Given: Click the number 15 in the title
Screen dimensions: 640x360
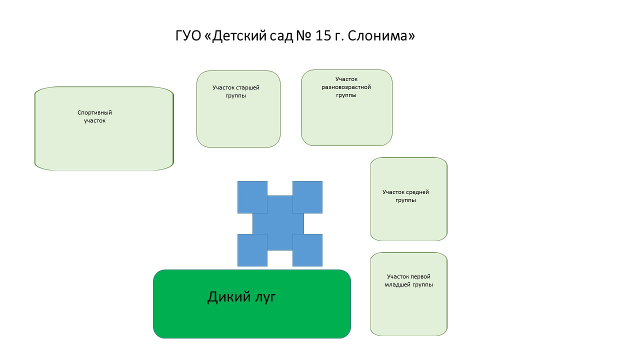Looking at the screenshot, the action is [323, 35].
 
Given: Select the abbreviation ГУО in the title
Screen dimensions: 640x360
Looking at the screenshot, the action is [188, 35].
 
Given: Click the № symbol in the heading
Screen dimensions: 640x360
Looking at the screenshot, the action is [303, 35].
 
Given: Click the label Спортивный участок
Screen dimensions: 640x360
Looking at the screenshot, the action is [94, 116].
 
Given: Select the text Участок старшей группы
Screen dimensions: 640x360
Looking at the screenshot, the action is [235, 91].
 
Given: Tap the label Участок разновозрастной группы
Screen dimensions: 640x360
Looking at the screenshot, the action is [346, 87].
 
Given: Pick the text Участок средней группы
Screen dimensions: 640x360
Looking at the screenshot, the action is [405, 196].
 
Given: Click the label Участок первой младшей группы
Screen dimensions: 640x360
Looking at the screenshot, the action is [408, 280].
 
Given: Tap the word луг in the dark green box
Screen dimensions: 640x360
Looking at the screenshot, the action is [265, 298].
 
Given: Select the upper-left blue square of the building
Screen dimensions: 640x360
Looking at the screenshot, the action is [252, 197].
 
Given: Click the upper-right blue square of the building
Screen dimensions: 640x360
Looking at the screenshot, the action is [307, 197].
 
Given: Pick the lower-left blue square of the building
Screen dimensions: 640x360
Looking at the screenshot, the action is [252, 250].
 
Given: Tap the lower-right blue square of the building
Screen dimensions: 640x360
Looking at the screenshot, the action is [307, 250].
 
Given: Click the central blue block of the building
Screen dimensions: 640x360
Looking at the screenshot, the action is [279, 223].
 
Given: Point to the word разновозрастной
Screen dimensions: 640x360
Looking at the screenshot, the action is [346, 87].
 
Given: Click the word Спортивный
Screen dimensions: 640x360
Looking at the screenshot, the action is [94, 113].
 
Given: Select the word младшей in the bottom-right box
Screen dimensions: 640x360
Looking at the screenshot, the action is [396, 284].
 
